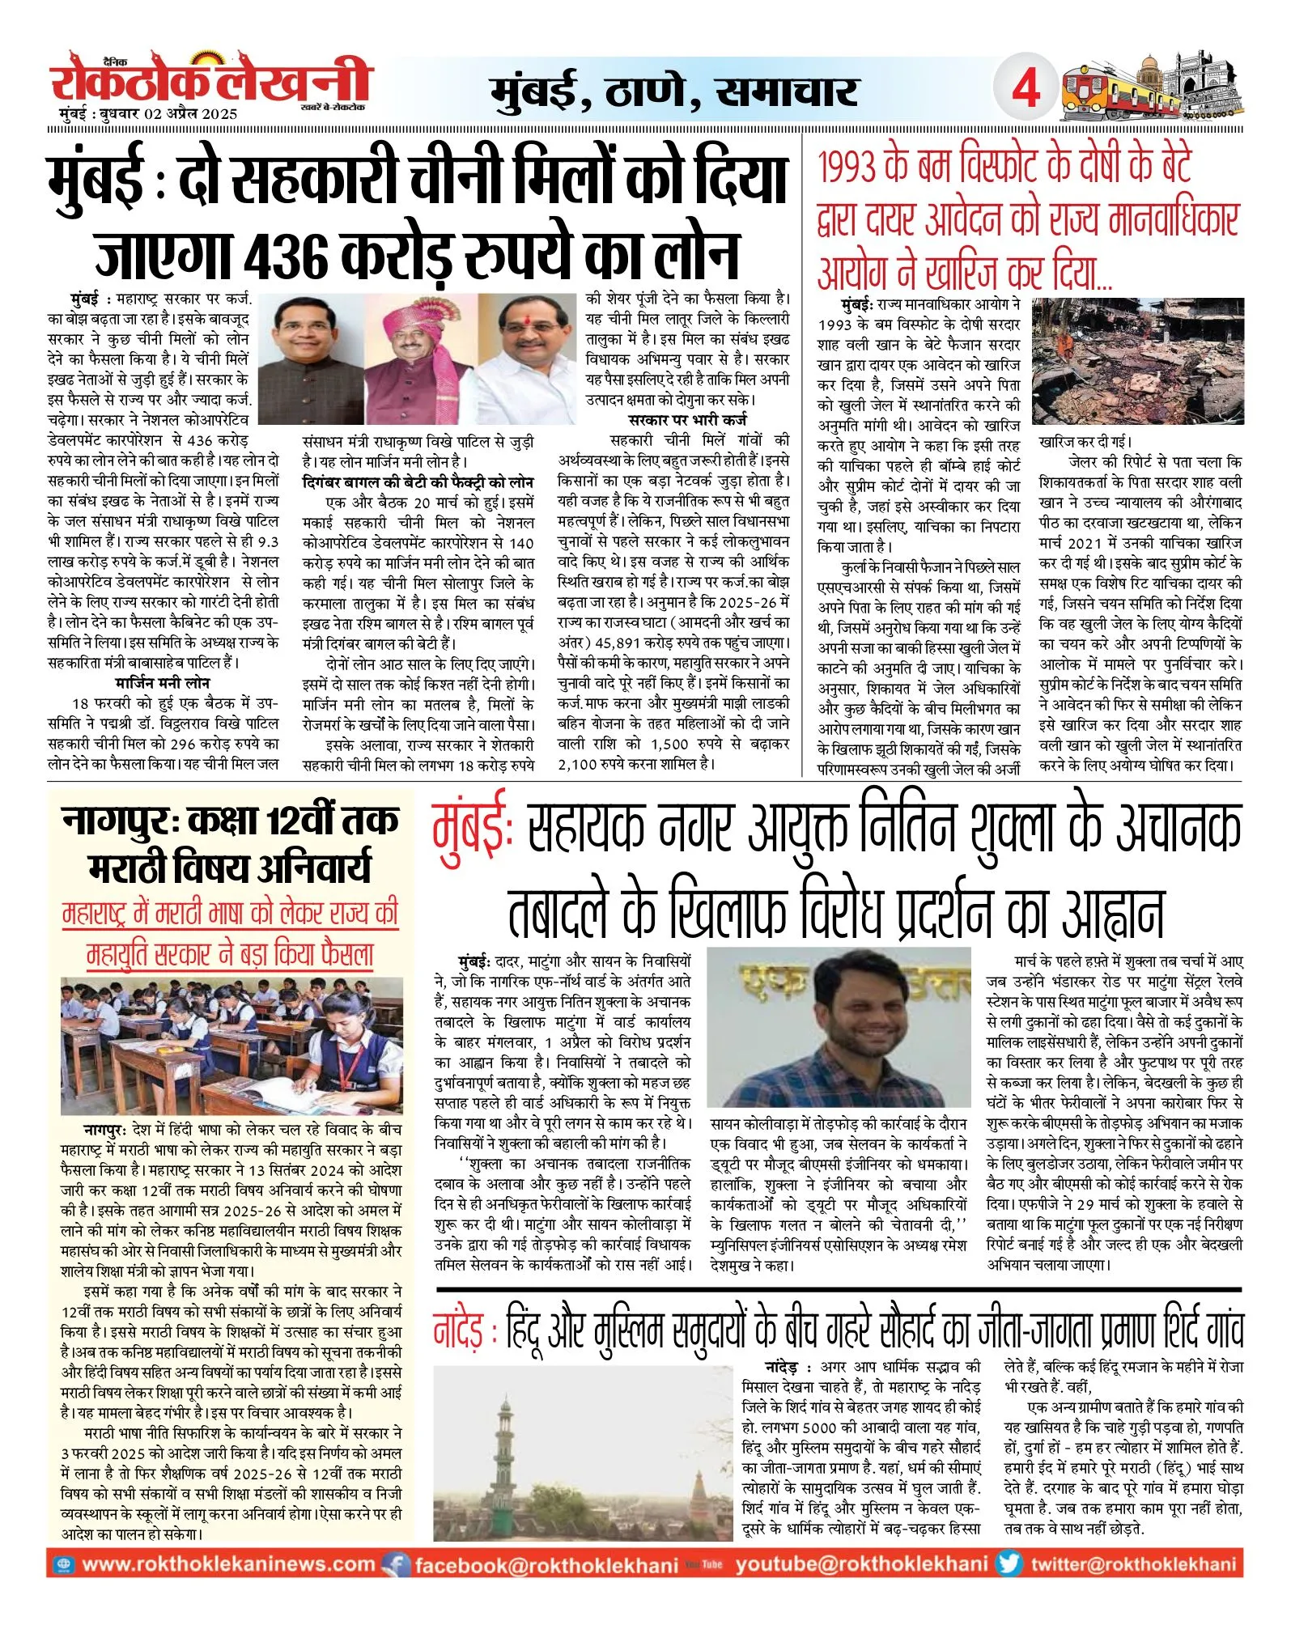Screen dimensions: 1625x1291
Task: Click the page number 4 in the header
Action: tap(1026, 88)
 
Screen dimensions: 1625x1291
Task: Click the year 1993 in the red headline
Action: tap(847, 167)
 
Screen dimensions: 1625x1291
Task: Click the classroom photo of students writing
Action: tap(231, 1046)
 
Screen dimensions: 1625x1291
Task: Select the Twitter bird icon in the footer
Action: tap(1009, 1563)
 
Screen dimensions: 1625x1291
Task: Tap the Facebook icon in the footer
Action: tap(396, 1564)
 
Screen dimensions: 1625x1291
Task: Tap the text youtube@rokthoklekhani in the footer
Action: tap(861, 1564)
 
